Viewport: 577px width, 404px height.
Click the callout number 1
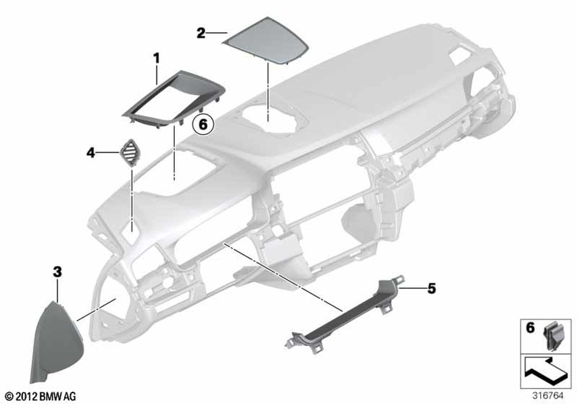coord(157,58)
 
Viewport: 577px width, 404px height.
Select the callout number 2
coord(201,33)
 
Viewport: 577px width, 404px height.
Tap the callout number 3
coord(57,272)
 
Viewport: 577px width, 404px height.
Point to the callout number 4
coord(91,152)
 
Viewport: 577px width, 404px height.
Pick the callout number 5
coord(432,289)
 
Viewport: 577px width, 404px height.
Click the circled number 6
coord(203,124)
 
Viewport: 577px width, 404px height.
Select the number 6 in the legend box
coord(530,327)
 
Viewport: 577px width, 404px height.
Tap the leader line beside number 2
coord(216,33)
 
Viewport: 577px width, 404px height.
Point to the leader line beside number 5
coord(411,289)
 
